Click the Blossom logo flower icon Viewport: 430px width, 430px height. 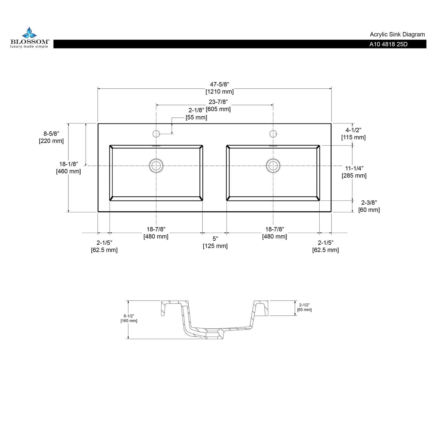(30, 32)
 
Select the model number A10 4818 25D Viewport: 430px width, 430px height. (388, 44)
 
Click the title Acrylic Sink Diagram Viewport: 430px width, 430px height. (397, 35)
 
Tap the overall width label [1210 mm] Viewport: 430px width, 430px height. (220, 92)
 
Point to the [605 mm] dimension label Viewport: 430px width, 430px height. (218, 109)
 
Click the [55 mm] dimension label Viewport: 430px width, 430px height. (196, 118)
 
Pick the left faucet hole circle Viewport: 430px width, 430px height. (156, 134)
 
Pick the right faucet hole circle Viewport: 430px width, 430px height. (273, 134)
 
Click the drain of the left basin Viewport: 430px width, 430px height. (156, 165)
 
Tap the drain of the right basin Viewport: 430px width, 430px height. (273, 165)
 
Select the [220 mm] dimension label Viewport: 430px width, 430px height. (51, 141)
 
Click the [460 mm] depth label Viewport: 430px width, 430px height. (68, 171)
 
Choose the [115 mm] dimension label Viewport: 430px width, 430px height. (353, 137)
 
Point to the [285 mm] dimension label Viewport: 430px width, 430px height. (354, 176)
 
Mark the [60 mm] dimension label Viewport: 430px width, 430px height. (369, 210)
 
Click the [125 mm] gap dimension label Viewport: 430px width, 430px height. (215, 246)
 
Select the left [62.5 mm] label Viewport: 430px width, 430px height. (104, 250)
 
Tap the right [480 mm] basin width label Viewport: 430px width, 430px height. (274, 237)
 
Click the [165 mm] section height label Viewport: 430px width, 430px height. (129, 321)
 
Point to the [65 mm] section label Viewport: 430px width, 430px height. (304, 310)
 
